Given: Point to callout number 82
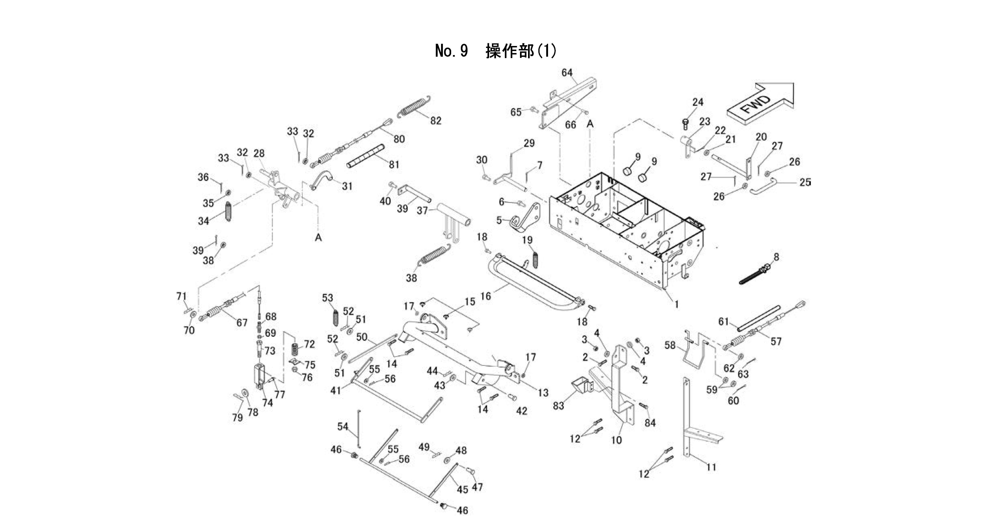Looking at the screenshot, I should point(436,121).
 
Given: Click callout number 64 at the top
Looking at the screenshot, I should point(567,73).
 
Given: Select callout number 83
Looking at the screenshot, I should point(558,406).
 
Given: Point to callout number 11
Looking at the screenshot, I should point(711,467).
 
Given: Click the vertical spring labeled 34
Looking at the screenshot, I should point(229,213).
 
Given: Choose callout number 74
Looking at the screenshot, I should point(267,403).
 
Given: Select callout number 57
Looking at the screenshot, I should point(776,341).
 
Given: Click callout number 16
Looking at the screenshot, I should point(486,296).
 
